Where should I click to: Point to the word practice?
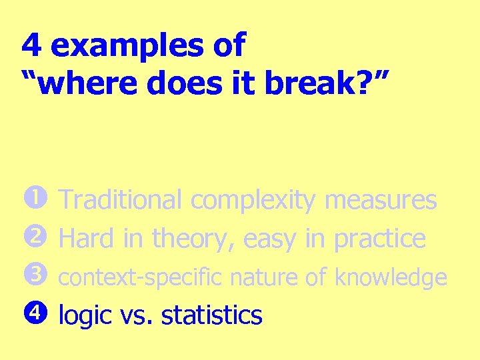pyautogui.click(x=379, y=238)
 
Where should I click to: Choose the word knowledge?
pyautogui.click(x=391, y=277)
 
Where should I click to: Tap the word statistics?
pyautogui.click(x=212, y=315)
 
